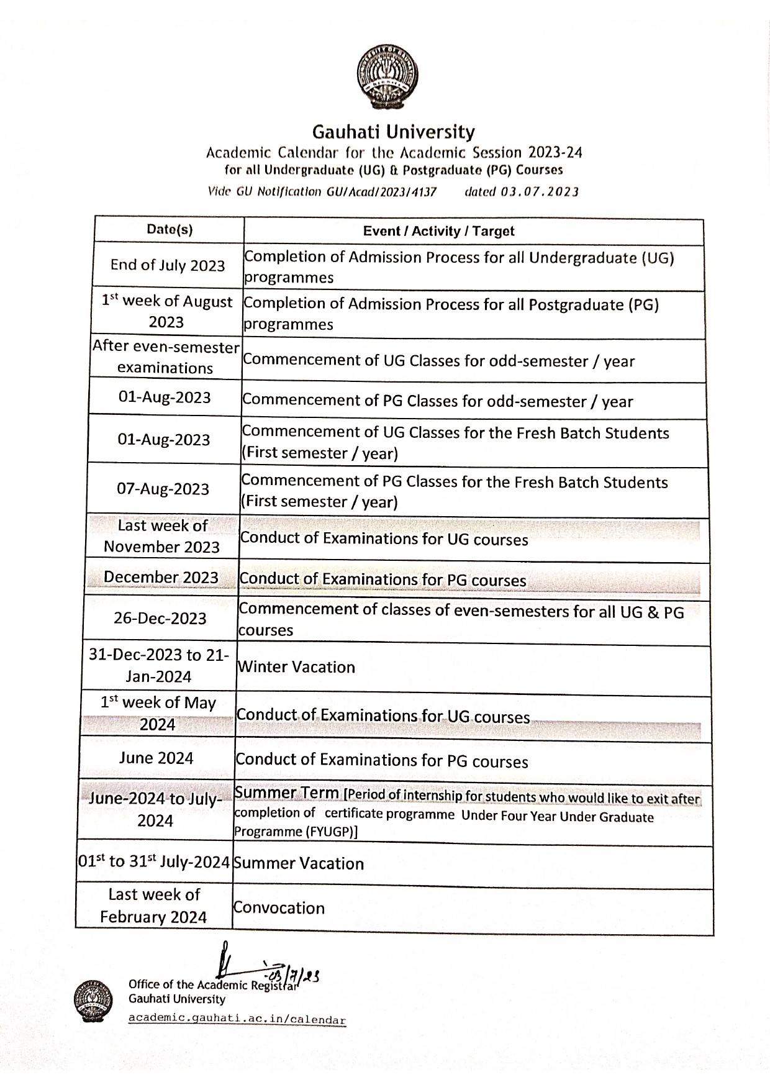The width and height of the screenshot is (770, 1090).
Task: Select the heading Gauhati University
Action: [x=393, y=132]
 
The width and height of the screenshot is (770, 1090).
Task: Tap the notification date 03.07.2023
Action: [x=539, y=192]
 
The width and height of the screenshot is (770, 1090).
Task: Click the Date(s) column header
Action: [x=170, y=230]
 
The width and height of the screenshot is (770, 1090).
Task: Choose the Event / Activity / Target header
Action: [x=438, y=232]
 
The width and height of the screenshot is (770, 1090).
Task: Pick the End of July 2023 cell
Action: [x=168, y=266]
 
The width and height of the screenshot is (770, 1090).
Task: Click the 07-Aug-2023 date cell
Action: [x=163, y=489]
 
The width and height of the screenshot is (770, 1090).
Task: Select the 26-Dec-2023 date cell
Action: [x=160, y=619]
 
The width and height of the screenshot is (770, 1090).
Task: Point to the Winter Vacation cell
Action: [x=296, y=668]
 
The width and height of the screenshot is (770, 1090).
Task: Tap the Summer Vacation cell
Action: [x=298, y=864]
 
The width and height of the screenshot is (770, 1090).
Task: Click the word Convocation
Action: [x=279, y=909]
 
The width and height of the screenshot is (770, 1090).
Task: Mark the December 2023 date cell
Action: [x=161, y=578]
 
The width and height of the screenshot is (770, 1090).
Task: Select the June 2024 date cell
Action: [x=156, y=758]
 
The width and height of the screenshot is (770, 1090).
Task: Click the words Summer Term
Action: [x=286, y=793]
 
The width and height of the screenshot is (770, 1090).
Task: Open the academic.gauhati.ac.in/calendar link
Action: [x=237, y=1020]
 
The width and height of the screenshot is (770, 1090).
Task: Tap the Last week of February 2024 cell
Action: [x=153, y=906]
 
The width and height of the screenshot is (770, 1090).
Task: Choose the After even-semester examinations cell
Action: [x=166, y=357]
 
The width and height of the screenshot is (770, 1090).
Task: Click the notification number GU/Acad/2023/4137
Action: [x=381, y=192]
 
